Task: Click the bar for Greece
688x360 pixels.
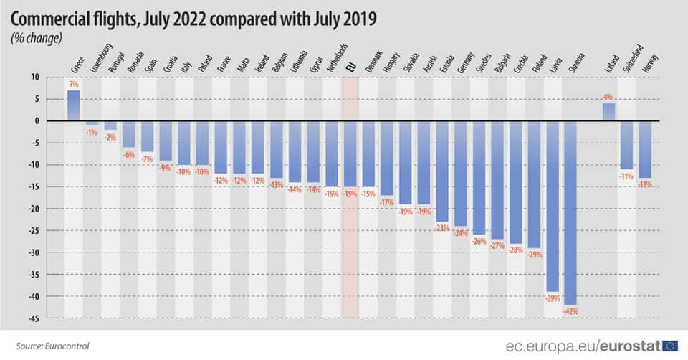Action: [x=73, y=105]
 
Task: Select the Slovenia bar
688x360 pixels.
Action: [x=570, y=213]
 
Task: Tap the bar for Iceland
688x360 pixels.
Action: [x=608, y=112]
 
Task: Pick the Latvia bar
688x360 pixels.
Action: [x=552, y=207]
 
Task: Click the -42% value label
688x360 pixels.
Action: [x=571, y=311]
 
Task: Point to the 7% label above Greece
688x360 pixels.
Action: [x=73, y=84]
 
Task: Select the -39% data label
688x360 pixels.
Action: [x=553, y=298]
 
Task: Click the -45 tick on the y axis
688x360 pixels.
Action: [x=34, y=318]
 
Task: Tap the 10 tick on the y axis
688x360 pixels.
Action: [x=35, y=77]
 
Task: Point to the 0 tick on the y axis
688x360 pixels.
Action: [x=37, y=120]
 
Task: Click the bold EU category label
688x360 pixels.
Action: [x=350, y=67]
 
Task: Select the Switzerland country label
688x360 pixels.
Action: [x=633, y=58]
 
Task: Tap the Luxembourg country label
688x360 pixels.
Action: [x=102, y=58]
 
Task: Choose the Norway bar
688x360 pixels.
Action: [x=645, y=149]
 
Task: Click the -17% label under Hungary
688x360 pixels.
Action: [x=387, y=202]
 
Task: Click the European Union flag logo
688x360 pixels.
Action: [x=669, y=346]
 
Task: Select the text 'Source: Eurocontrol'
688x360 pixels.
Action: [x=52, y=346]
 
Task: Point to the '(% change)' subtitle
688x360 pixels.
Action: [x=37, y=38]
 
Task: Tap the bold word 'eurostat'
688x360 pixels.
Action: [x=630, y=346]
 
